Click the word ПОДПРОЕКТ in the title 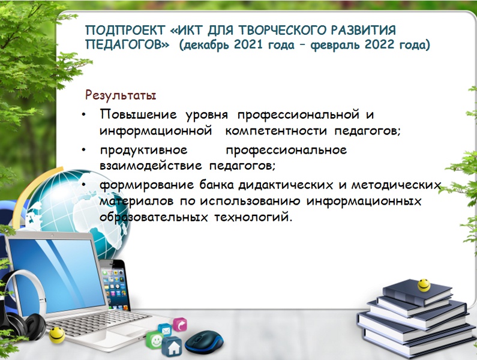click(125, 30)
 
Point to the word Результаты click(121, 95)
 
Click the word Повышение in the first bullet click(139, 115)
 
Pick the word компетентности click(276, 131)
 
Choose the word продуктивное click(143, 151)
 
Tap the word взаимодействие click(151, 166)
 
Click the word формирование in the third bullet click(147, 185)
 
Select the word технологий click(253, 217)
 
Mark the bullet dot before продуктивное click(83, 149)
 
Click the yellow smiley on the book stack click(424, 285)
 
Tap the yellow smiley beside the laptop click(57, 335)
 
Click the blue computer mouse click(204, 342)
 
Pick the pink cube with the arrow click(180, 325)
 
